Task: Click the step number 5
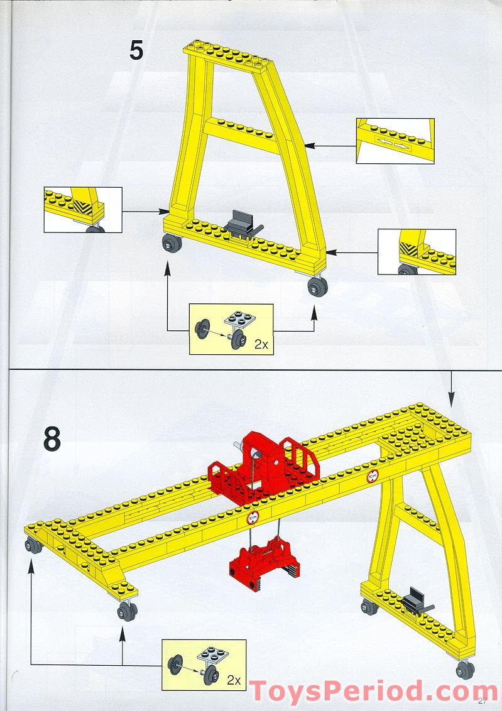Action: point(136,51)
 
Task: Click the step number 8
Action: point(52,440)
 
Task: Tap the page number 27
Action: point(483,702)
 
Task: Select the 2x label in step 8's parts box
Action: point(234,680)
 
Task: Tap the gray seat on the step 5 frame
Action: point(241,224)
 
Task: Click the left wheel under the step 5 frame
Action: point(169,244)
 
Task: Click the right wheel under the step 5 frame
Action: point(318,288)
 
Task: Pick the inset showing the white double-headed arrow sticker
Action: point(395,140)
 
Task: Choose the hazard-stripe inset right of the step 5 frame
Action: point(416,251)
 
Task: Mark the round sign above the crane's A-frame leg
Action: point(373,477)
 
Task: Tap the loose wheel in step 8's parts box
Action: point(174,664)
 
